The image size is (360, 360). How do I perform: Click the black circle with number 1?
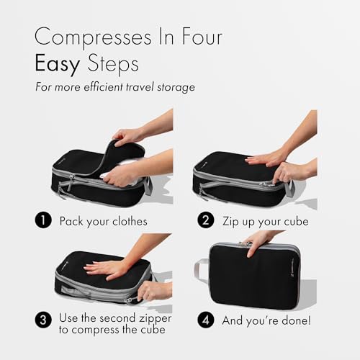point(44,221)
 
